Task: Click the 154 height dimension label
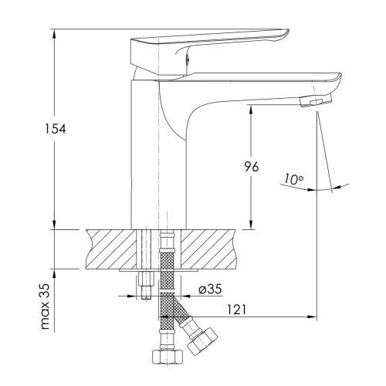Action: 56,129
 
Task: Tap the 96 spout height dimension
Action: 251,167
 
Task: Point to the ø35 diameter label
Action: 210,289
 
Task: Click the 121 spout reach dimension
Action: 236,310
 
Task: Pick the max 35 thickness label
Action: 45,306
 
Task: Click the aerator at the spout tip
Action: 316,100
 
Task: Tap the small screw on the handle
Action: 188,59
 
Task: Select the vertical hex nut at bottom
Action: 168,357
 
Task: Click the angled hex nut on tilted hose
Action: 202,341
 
